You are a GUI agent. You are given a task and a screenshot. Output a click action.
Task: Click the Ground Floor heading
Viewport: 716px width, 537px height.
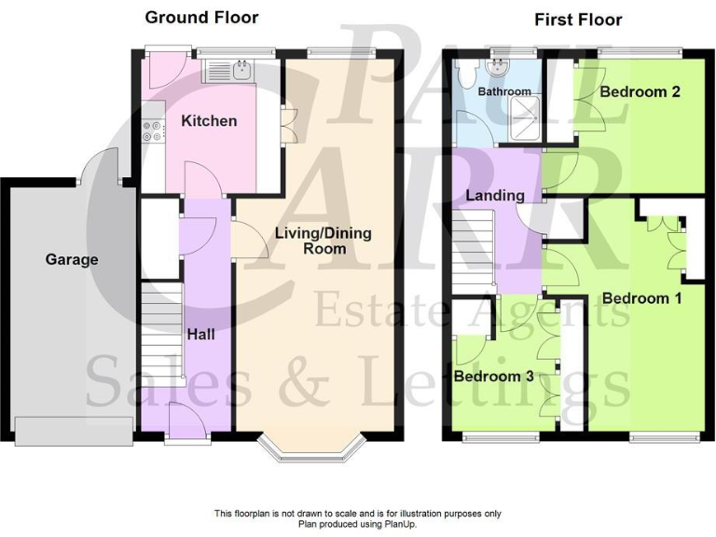201,17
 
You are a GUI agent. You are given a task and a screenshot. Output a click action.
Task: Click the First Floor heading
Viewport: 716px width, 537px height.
578,19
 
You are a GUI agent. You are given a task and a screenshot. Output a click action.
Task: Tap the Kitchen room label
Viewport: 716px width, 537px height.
208,120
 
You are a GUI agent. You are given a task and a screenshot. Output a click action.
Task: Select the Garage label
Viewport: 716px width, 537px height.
72,259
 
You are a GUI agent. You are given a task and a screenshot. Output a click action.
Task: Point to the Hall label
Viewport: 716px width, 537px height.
202,333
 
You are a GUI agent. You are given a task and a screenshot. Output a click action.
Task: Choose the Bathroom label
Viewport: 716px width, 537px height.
504,91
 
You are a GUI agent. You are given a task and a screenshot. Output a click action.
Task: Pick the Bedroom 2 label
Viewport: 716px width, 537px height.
639,91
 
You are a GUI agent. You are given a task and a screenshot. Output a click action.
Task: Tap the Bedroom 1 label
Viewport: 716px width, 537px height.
641,298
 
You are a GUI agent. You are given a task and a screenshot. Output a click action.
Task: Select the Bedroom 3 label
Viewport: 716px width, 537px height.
493,377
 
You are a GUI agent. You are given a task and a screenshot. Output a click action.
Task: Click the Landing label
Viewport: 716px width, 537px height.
495,196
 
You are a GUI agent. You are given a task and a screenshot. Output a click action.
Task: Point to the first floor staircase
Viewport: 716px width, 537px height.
474,250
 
